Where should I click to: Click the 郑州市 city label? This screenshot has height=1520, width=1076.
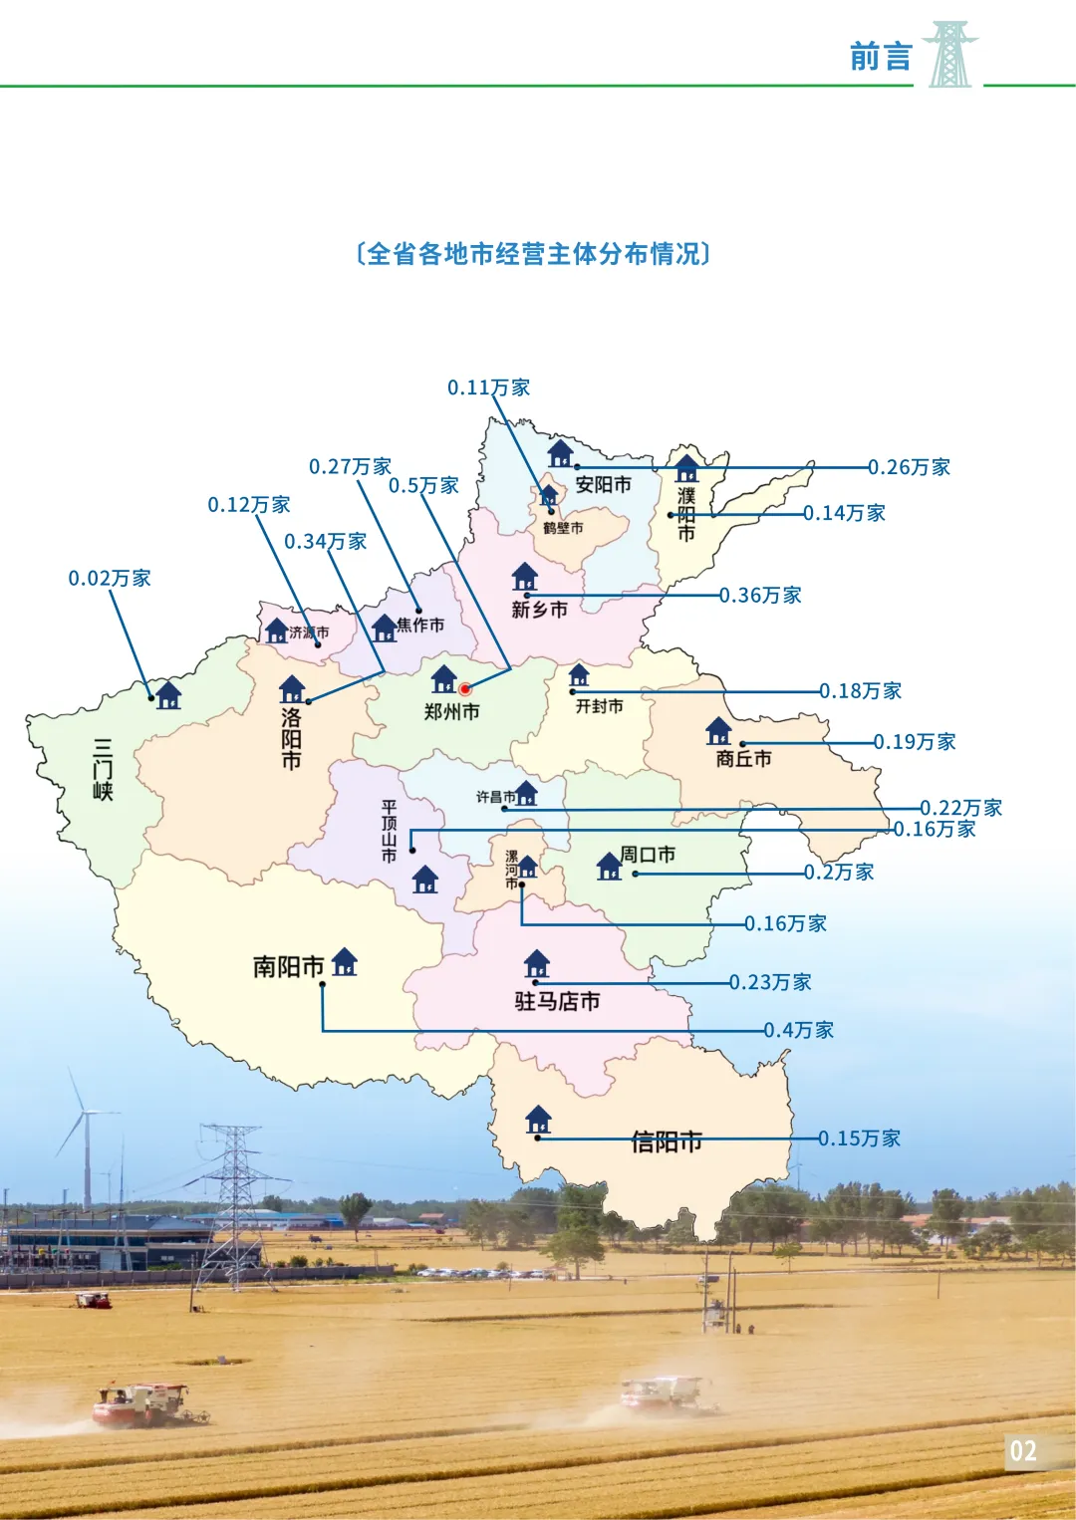tap(451, 711)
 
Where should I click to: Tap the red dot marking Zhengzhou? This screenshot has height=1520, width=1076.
tap(464, 688)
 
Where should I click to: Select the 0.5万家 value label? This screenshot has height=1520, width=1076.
tap(423, 486)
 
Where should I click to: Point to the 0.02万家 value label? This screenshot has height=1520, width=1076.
tap(110, 579)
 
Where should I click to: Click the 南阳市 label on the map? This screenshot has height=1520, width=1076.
tap(288, 966)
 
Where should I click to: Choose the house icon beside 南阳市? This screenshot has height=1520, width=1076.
tap(345, 961)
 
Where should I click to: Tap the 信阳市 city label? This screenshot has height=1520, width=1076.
tap(667, 1141)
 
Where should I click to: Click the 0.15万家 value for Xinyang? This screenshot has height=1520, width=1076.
tap(859, 1139)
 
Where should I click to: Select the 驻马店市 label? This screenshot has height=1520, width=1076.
tap(557, 1001)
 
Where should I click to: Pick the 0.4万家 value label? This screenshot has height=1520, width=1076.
tap(798, 1030)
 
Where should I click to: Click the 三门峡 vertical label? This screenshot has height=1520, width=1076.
tap(103, 769)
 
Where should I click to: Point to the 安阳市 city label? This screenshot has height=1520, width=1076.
tap(603, 485)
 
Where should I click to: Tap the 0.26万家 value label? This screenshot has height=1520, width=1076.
tap(909, 467)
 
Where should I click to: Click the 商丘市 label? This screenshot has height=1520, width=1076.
tap(743, 759)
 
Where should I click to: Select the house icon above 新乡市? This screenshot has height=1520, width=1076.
tap(524, 577)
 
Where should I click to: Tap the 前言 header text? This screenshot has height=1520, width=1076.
tap(881, 57)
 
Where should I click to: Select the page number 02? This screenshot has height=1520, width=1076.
tap(1023, 1450)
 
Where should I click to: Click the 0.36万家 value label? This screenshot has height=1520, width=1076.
tap(760, 596)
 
